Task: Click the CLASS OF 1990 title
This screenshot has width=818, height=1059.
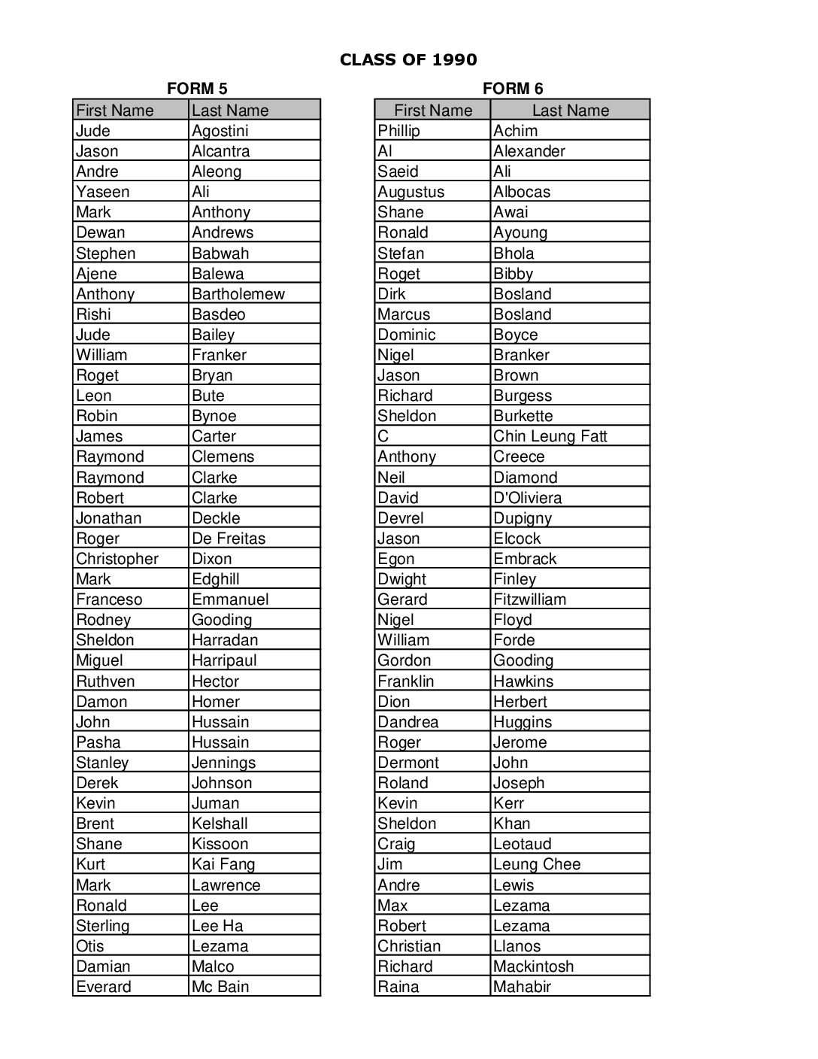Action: tap(408, 60)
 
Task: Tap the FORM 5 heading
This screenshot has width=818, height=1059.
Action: tap(197, 89)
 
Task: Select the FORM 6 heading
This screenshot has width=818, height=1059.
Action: tap(513, 89)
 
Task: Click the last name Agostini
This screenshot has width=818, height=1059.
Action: tap(220, 131)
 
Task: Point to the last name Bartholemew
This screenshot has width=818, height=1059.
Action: tap(238, 294)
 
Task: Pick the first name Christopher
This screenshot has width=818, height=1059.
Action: tap(117, 559)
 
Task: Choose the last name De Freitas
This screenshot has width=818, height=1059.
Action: tap(229, 539)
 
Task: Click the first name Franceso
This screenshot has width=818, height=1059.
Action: tap(109, 599)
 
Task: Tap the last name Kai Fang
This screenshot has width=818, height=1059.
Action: tap(223, 864)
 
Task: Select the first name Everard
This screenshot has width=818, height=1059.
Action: tap(104, 987)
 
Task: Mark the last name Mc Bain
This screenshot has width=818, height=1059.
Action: tap(220, 987)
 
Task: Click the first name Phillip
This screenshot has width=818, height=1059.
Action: tap(398, 131)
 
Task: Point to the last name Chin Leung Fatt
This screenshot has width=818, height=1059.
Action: tap(550, 436)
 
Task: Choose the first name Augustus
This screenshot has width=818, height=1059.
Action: tap(411, 192)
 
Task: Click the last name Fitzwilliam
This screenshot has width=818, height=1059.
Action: tap(529, 599)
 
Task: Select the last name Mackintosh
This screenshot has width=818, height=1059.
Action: tap(533, 966)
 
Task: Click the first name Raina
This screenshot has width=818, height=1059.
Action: tap(398, 987)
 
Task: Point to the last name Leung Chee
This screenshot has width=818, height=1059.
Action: tap(537, 864)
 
